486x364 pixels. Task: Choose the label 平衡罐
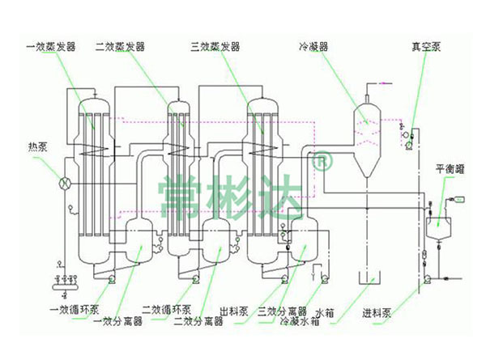[450, 171]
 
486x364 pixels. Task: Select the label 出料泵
[232, 308]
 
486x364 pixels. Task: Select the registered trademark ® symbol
[322, 161]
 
